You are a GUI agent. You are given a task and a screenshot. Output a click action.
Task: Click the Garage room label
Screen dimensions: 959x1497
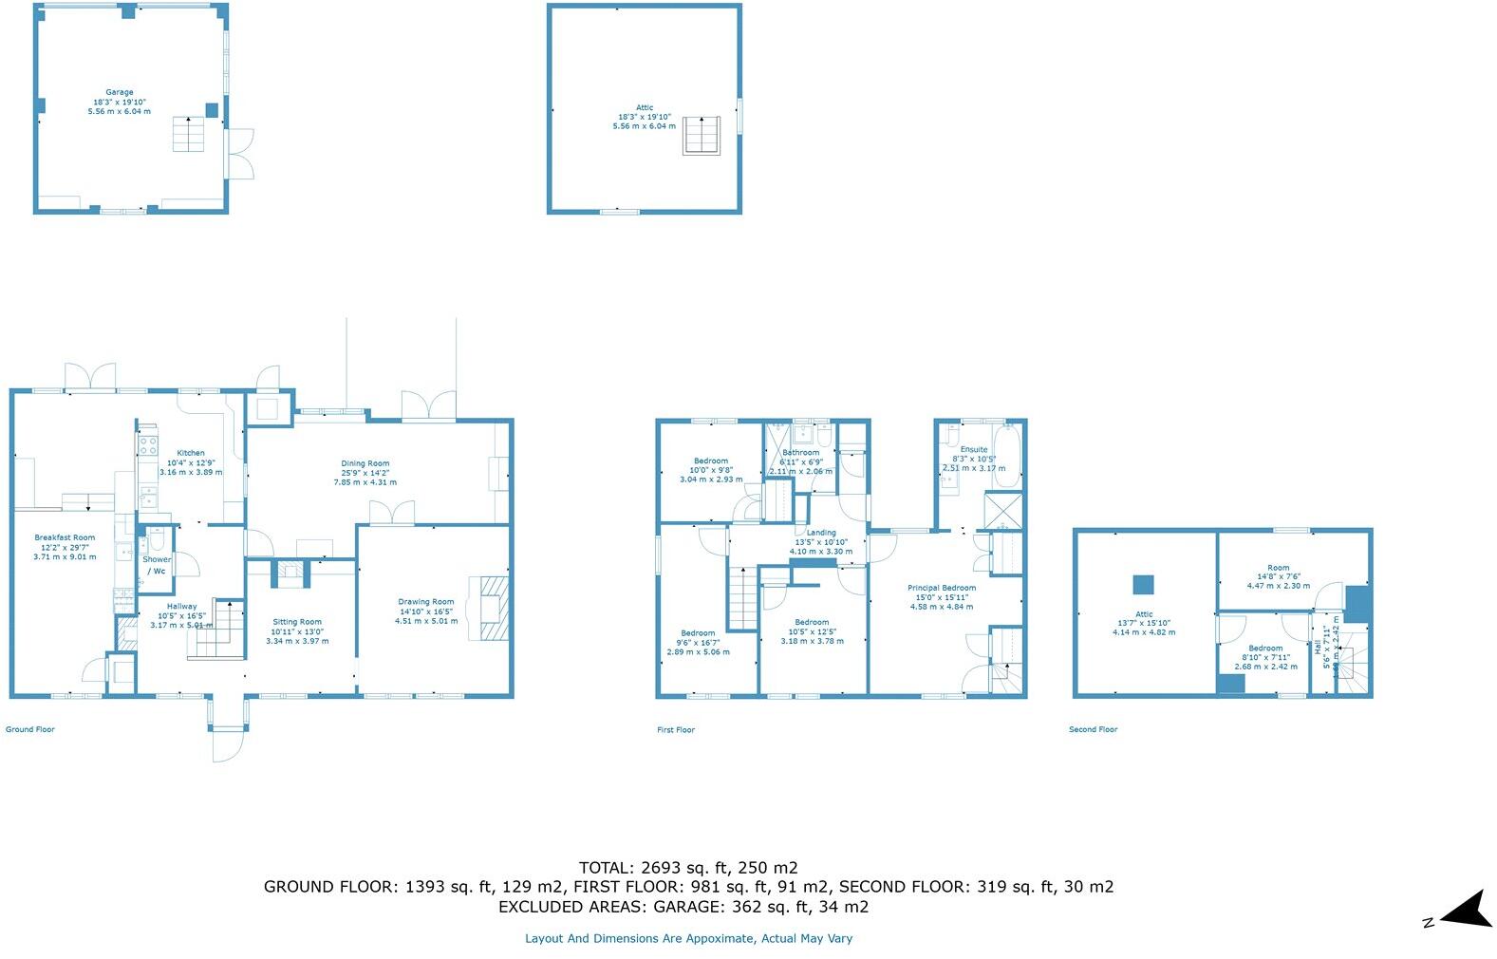click(x=120, y=93)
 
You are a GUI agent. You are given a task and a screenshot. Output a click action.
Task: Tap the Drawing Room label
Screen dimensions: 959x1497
click(x=426, y=602)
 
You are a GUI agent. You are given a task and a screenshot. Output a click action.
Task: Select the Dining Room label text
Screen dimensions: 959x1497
click(x=365, y=464)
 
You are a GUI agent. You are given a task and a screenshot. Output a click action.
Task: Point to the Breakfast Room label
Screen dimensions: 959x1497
click(x=65, y=538)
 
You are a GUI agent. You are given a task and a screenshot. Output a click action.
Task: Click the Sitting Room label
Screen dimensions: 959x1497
click(x=297, y=623)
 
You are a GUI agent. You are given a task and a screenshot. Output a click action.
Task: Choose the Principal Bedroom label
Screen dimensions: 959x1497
click(x=941, y=589)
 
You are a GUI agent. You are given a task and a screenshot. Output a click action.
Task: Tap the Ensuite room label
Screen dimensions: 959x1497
click(x=974, y=450)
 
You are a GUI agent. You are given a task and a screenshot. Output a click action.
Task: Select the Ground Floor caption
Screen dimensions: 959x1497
click(x=30, y=730)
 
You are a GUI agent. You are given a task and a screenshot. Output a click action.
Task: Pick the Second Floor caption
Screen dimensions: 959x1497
click(x=1093, y=730)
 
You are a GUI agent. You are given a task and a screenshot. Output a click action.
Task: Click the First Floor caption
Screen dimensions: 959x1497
click(x=676, y=730)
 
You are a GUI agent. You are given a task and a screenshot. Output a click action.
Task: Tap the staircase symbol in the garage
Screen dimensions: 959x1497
click(x=188, y=134)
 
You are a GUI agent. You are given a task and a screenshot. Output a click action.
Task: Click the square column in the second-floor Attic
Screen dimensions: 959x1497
click(x=1143, y=585)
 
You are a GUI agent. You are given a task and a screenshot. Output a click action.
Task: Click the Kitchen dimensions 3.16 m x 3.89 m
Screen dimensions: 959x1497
click(x=191, y=472)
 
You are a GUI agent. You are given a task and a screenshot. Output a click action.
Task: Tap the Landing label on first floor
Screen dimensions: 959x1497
click(x=821, y=534)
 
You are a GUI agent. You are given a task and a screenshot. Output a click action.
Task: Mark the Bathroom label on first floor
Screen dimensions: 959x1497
click(x=801, y=454)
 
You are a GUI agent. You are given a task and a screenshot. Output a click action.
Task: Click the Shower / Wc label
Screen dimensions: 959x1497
click(x=157, y=565)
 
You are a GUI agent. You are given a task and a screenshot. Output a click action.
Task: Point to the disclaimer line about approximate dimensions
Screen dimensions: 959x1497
click(x=688, y=938)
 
